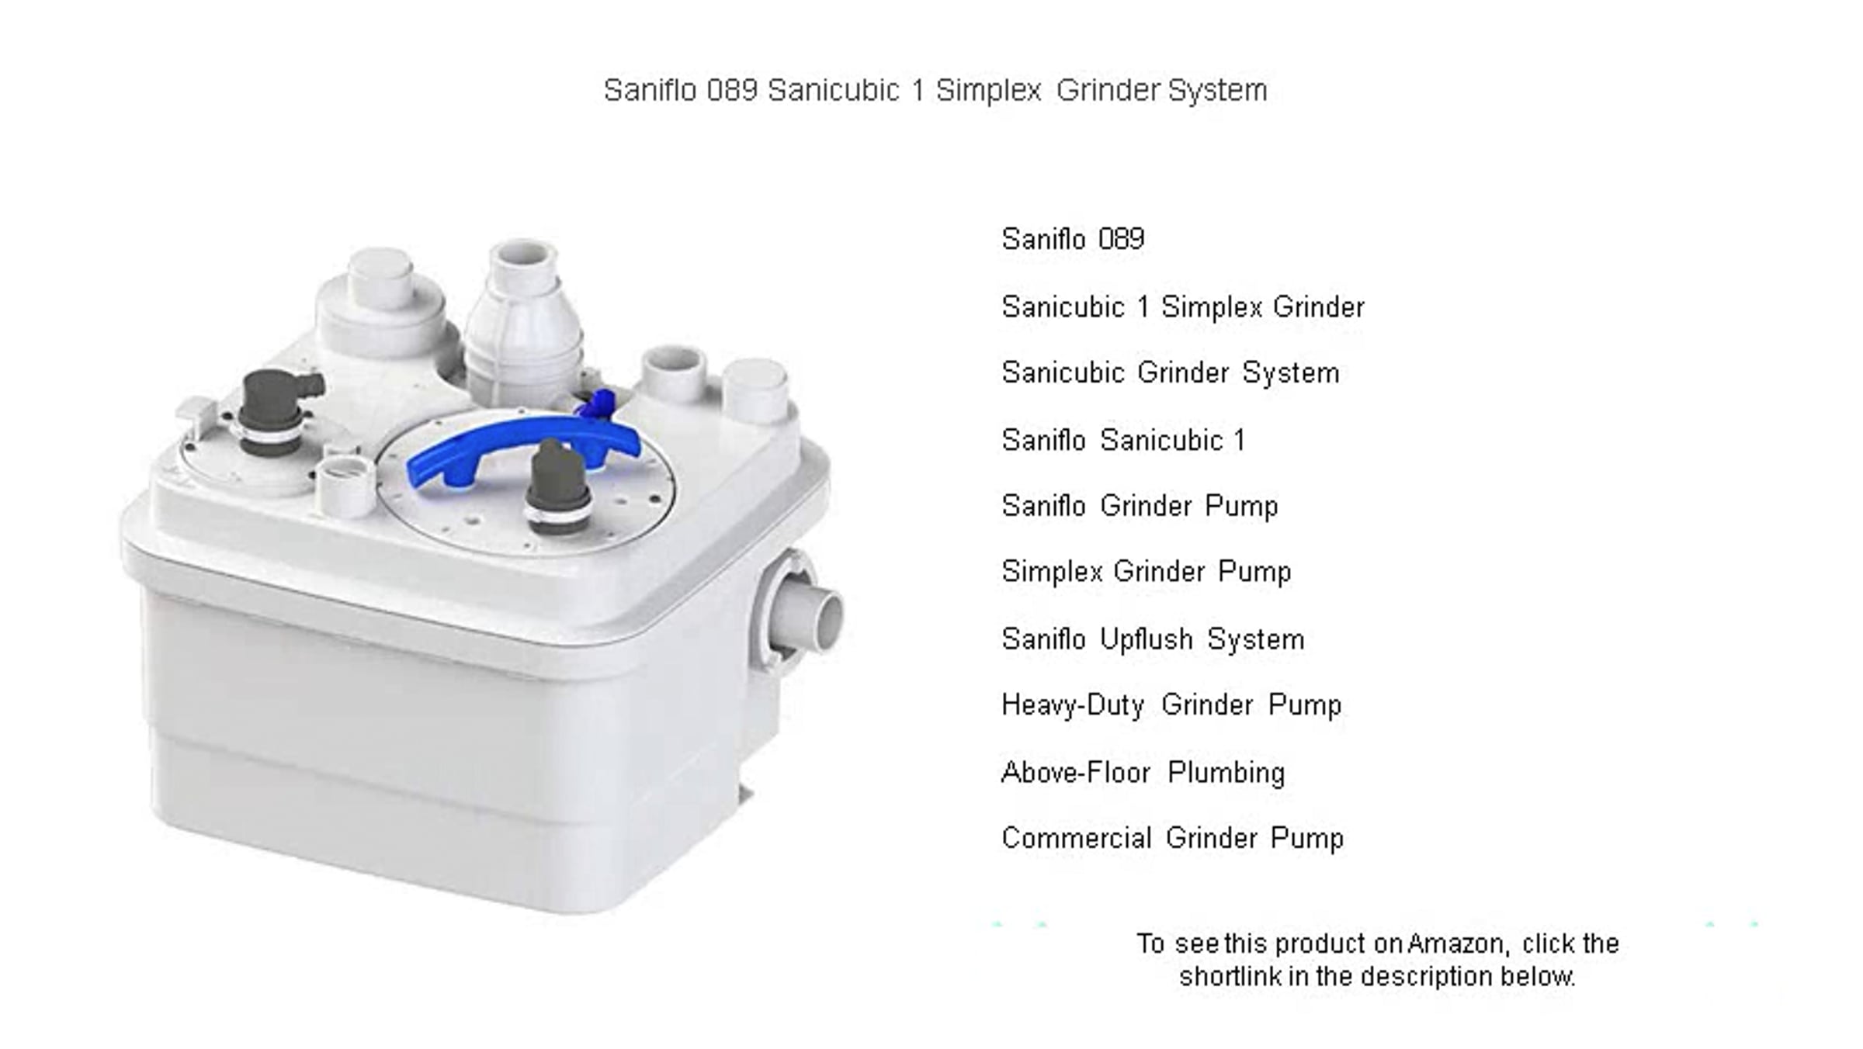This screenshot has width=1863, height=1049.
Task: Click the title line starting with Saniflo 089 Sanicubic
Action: click(x=935, y=90)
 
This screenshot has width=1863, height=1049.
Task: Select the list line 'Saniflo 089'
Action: click(x=1073, y=238)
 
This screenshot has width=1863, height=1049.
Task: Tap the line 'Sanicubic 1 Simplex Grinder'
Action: click(x=1183, y=306)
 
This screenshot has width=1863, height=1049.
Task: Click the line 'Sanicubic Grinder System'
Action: click(x=1171, y=372)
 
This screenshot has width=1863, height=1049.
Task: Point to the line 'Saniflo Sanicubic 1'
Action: click(x=1123, y=440)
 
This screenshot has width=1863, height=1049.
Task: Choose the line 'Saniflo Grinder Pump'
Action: click(x=1140, y=506)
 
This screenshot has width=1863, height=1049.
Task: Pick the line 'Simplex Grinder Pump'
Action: click(x=1147, y=572)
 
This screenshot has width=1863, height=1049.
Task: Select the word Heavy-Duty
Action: click(x=1073, y=705)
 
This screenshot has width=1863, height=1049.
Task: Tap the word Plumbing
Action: click(x=1226, y=773)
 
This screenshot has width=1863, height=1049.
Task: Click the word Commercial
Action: click(x=1077, y=838)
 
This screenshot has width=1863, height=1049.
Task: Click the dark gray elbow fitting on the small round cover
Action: click(x=276, y=409)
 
